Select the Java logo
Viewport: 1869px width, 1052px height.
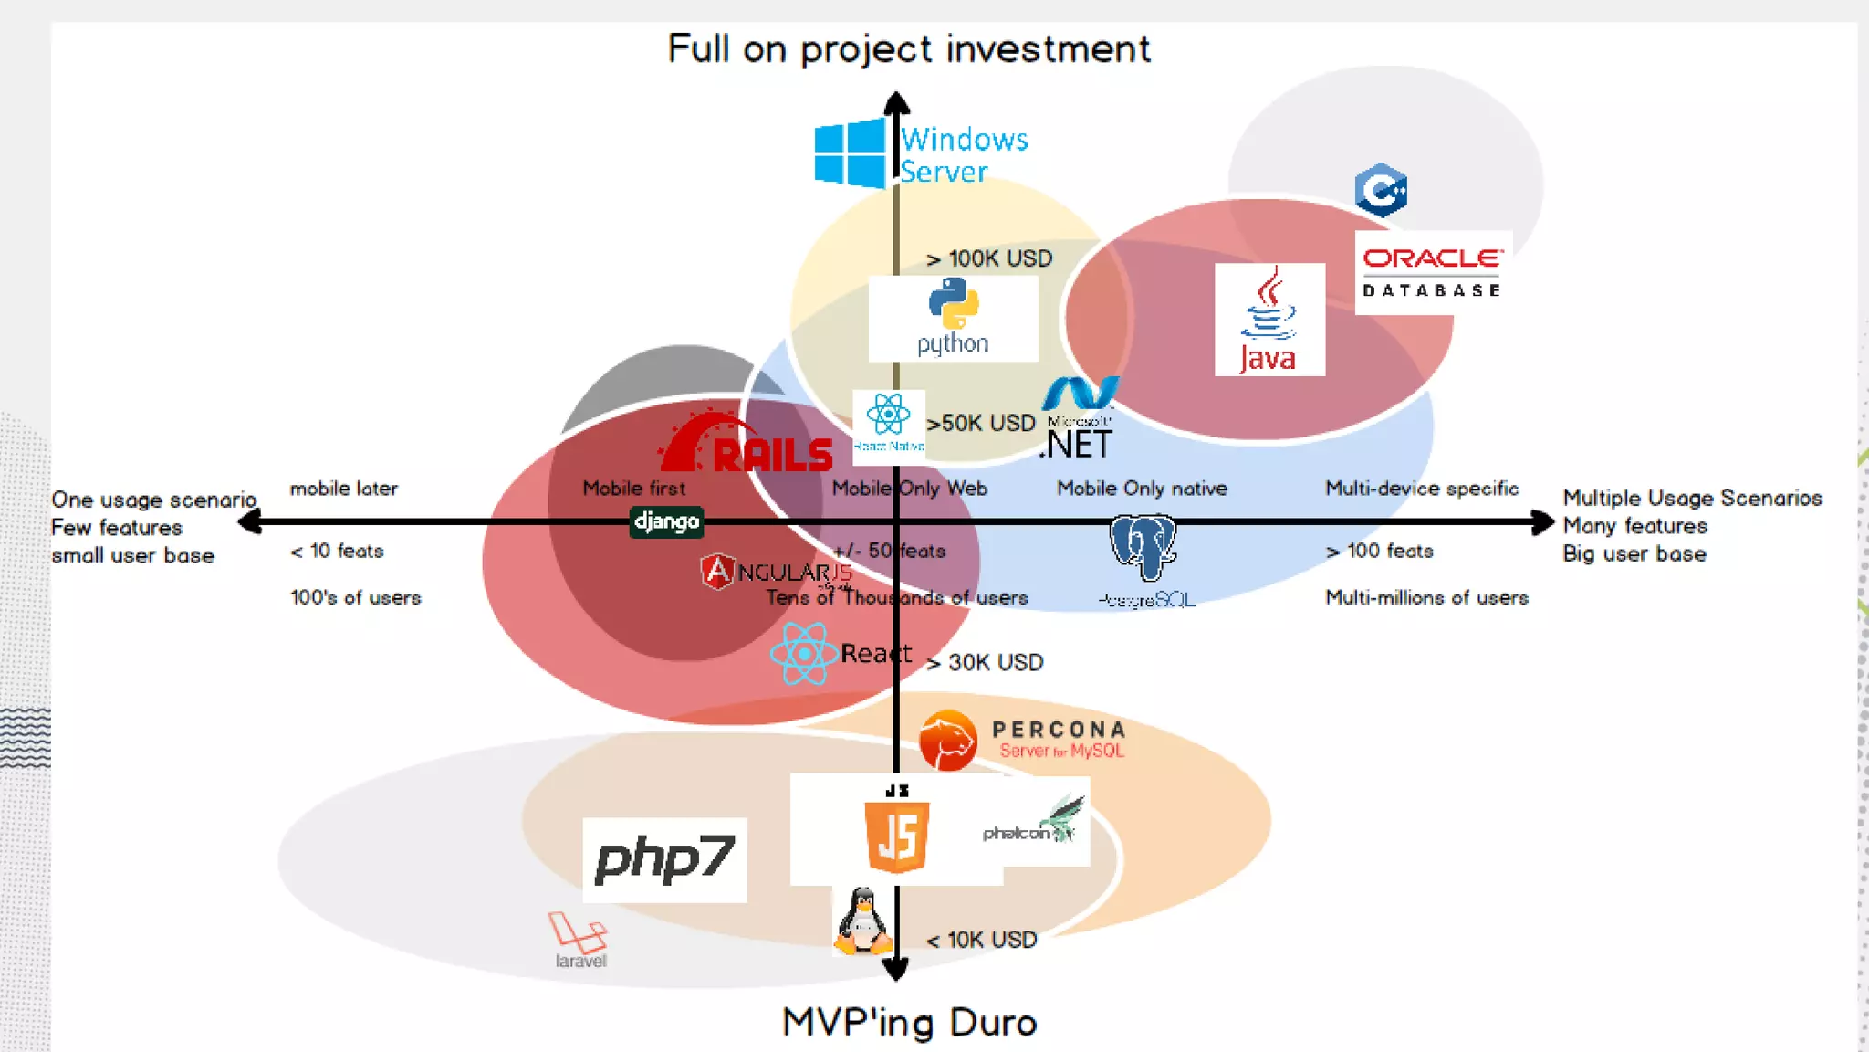[x=1269, y=320]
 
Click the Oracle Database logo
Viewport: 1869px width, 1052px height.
[x=1432, y=271]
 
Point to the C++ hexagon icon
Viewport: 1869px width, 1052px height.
[x=1381, y=190]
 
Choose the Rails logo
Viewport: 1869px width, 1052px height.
[x=747, y=446]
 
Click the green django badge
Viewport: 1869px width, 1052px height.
[x=667, y=521]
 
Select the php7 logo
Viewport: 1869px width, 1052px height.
[x=664, y=860]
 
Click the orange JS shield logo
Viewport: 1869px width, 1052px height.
[x=897, y=836]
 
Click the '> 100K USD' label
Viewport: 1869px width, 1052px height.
[x=989, y=259]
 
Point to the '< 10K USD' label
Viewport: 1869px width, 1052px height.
[x=982, y=940]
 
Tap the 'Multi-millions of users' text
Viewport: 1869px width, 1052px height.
[x=1426, y=598]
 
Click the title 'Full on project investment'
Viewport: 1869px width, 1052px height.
[x=909, y=49]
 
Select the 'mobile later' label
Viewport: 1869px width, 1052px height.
[x=344, y=489]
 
